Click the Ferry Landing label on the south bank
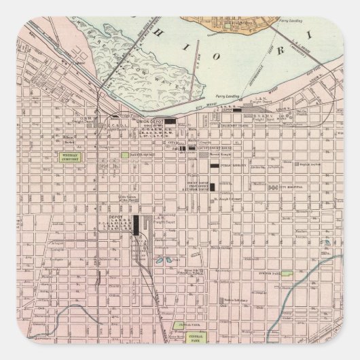(224, 96)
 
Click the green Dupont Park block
(287, 274)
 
